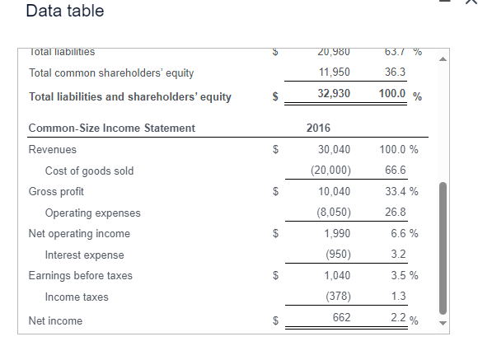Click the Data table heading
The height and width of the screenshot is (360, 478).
click(x=65, y=12)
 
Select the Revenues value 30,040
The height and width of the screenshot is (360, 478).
click(x=334, y=150)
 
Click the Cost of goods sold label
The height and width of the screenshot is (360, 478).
click(x=89, y=171)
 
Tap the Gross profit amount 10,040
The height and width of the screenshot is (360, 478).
click(x=334, y=192)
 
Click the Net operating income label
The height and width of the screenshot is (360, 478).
click(x=79, y=234)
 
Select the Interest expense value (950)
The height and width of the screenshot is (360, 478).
click(x=336, y=255)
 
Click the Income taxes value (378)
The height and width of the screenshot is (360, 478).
click(x=336, y=297)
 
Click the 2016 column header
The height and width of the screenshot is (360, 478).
click(x=318, y=128)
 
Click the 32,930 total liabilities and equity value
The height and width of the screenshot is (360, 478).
click(x=334, y=94)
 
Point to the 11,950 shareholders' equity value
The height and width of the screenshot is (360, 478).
click(x=334, y=72)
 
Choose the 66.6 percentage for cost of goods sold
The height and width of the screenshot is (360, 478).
click(x=396, y=171)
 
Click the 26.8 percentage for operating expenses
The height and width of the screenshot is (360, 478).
click(x=396, y=213)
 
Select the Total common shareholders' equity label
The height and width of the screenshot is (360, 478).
click(x=111, y=72)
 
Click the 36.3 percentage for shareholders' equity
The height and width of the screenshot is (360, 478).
click(x=396, y=72)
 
